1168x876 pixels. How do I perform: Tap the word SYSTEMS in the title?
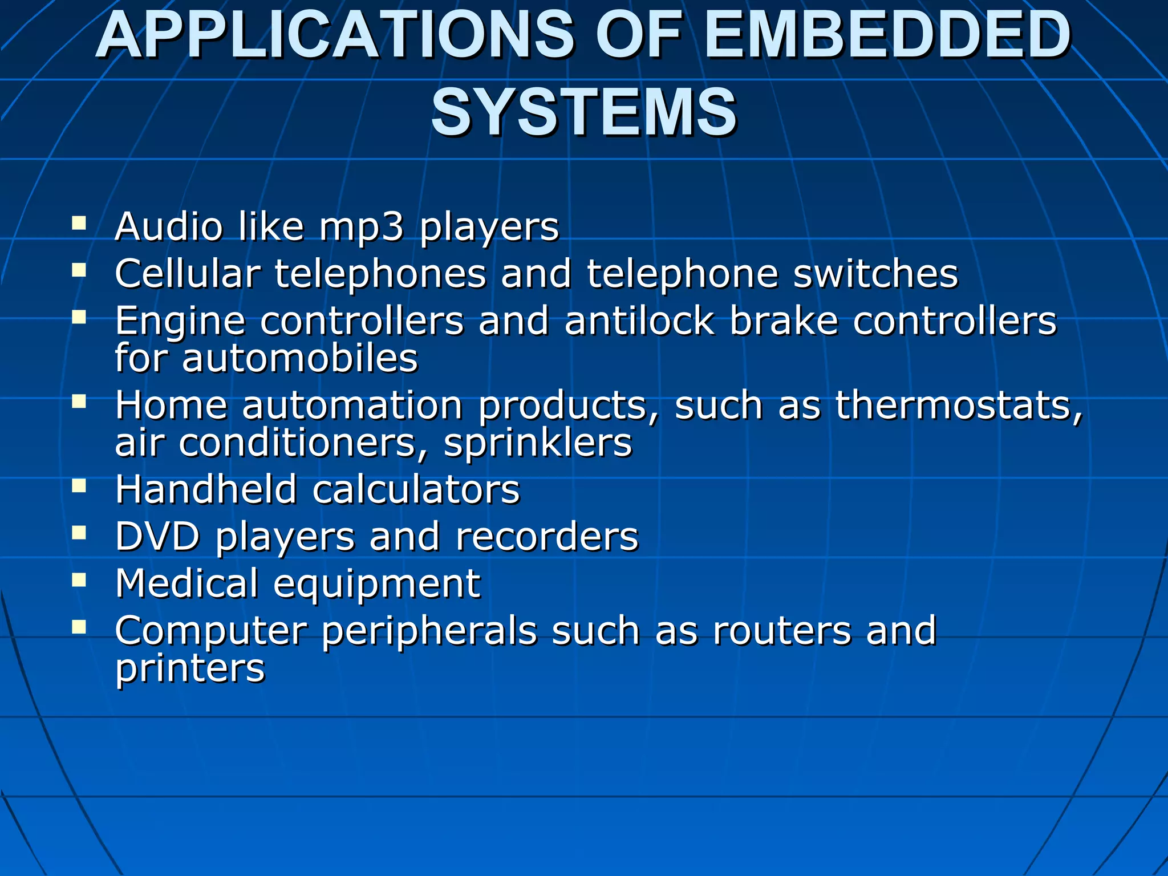coord(584,112)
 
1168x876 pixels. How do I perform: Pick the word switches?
coord(875,274)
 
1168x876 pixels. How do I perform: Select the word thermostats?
coord(959,405)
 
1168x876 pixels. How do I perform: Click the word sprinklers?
coord(538,444)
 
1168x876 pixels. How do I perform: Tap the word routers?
coord(782,631)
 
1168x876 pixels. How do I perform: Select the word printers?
coord(190,669)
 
